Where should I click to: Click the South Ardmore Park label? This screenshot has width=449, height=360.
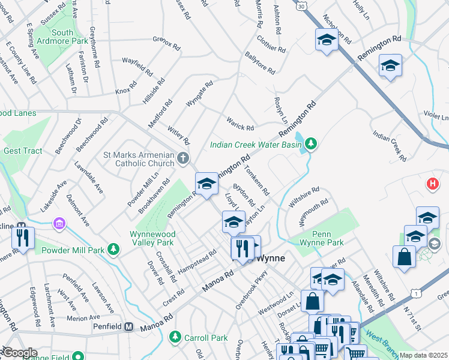tap(70, 37)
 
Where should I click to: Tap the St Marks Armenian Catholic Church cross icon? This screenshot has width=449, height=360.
tap(184, 158)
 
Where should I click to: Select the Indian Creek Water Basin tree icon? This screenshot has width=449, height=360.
tap(310, 144)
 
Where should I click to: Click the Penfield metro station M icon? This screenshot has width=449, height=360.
tap(128, 327)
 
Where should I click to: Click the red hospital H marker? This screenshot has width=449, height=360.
tap(432, 184)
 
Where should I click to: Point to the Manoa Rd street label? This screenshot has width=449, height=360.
tap(217, 281)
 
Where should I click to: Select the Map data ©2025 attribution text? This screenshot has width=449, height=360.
tap(423, 355)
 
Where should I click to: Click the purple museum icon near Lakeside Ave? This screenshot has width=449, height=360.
tap(59, 224)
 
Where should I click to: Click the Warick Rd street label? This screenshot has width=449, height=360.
tap(240, 124)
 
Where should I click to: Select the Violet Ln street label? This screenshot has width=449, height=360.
tap(435, 113)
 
